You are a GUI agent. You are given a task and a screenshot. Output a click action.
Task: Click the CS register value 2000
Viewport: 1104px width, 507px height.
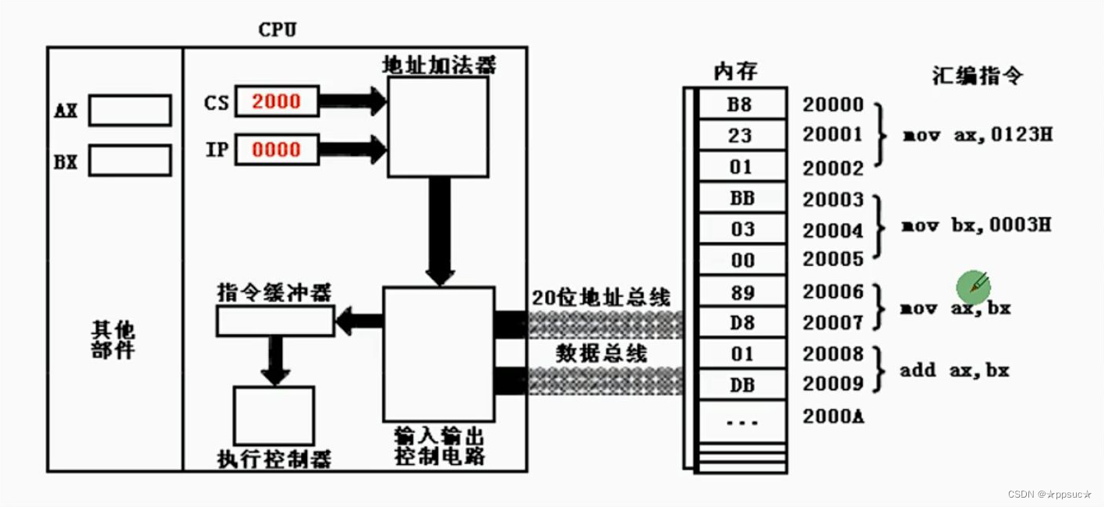click(276, 101)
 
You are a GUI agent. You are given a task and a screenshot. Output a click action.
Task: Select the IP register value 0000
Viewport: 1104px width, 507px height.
click(276, 149)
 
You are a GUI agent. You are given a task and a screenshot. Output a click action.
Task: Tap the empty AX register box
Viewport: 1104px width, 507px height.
click(129, 110)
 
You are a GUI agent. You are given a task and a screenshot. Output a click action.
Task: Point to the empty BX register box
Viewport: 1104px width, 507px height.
click(129, 161)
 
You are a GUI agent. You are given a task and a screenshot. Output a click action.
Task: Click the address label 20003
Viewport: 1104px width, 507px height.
click(833, 200)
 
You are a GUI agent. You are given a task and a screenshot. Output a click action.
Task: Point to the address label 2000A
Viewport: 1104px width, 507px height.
click(833, 417)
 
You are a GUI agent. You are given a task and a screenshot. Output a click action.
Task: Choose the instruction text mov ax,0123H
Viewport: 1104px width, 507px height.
click(977, 135)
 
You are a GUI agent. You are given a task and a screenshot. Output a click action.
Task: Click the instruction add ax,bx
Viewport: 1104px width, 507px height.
click(954, 370)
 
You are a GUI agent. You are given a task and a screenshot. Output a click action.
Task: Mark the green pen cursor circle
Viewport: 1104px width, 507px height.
click(974, 287)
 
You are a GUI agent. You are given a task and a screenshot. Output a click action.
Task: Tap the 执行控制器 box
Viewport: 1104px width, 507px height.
click(274, 416)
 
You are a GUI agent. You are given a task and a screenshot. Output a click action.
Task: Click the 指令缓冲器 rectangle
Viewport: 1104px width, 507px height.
click(274, 320)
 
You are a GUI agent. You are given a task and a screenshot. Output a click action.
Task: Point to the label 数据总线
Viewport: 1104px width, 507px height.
click(601, 353)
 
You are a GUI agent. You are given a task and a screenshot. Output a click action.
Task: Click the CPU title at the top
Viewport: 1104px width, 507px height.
click(277, 30)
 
